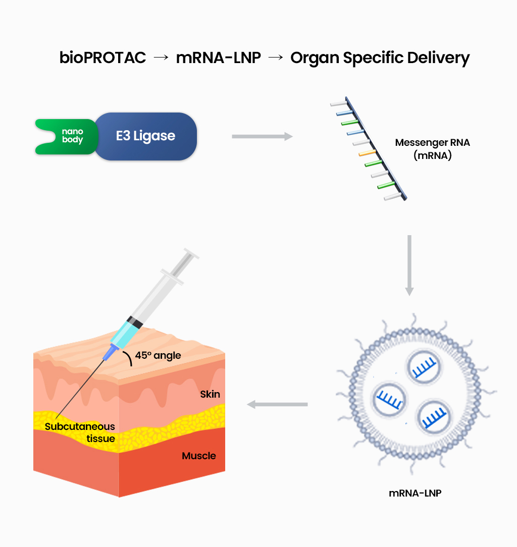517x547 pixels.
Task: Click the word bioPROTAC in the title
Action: (x=102, y=58)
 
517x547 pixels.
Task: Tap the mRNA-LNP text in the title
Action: (x=218, y=58)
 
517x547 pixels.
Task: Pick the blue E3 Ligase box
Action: (x=145, y=136)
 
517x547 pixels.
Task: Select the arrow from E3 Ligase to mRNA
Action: (x=262, y=136)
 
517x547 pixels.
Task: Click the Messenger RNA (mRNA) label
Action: (x=432, y=149)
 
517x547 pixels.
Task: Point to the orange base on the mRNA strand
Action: (x=367, y=152)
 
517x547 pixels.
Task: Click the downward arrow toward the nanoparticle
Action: (x=409, y=265)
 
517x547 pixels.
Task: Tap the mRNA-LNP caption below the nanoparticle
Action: (x=415, y=493)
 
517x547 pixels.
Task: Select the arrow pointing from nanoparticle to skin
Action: (x=277, y=404)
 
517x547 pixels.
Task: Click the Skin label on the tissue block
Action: (x=210, y=394)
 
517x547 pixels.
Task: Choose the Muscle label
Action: (x=199, y=456)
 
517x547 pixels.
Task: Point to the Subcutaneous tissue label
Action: (x=80, y=432)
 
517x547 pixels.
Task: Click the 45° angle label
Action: (x=157, y=356)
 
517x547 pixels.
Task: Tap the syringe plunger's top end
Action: (x=191, y=253)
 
